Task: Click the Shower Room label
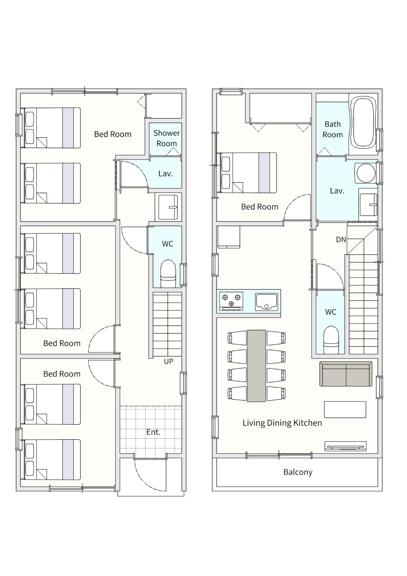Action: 166,138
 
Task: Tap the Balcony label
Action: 298,472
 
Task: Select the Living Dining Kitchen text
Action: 282,423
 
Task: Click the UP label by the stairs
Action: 169,361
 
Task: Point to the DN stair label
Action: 341,239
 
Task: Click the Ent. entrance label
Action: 153,432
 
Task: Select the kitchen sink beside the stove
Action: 267,301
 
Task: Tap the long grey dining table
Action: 256,366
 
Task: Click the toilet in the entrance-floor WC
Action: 168,273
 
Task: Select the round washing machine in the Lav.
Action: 366,172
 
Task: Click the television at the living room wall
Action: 346,446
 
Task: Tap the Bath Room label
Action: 333,129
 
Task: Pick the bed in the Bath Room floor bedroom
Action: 248,172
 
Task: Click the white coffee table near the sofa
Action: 345,409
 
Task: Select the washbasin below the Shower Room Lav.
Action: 168,207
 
